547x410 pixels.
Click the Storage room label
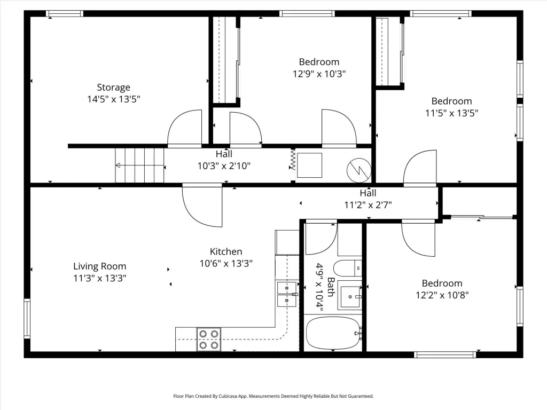(x=113, y=87)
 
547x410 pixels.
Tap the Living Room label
(x=100, y=266)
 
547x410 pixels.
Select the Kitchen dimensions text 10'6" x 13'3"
(x=226, y=263)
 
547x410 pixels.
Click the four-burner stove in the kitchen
(x=209, y=339)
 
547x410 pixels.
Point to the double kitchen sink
(x=287, y=294)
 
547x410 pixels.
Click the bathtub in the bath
(x=333, y=333)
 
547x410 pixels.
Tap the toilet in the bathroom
(x=347, y=268)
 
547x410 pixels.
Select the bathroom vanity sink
(x=349, y=297)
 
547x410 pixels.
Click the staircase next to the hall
(x=139, y=165)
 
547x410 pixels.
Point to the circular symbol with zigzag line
(x=358, y=170)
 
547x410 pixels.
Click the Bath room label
(x=331, y=287)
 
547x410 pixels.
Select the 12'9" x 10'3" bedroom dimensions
(x=319, y=74)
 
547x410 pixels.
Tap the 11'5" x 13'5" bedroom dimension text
(x=452, y=113)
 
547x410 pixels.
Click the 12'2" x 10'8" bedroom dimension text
(x=442, y=295)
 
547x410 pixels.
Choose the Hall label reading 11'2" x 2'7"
(x=368, y=199)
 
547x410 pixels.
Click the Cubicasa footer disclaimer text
(x=273, y=396)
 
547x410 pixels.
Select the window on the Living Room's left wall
(x=27, y=318)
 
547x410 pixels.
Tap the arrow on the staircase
(x=139, y=165)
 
